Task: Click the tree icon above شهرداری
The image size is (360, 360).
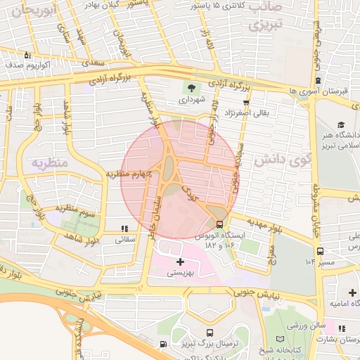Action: (x=189, y=88)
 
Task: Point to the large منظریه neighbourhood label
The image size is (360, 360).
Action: (x=49, y=163)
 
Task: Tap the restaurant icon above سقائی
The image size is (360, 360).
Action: (x=124, y=229)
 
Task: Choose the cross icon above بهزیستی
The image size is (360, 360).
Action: (x=181, y=262)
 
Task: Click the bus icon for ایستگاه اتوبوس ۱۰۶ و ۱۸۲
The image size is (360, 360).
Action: (x=220, y=225)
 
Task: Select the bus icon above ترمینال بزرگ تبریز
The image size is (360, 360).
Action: (x=210, y=333)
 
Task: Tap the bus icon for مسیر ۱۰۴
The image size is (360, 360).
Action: (x=321, y=251)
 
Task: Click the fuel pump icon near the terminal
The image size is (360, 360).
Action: (x=164, y=345)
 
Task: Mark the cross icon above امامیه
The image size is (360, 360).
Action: (x=352, y=292)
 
